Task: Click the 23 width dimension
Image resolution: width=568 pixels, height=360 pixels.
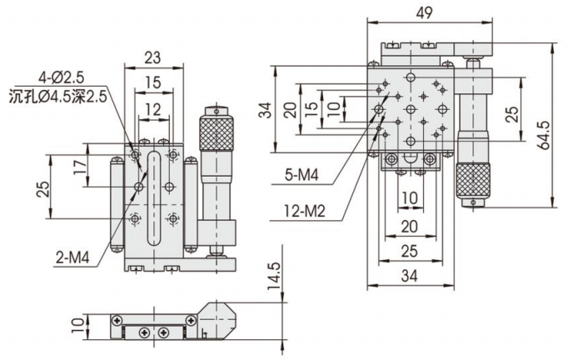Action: pos(151,57)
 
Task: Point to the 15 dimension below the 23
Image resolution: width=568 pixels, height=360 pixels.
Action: pos(151,83)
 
